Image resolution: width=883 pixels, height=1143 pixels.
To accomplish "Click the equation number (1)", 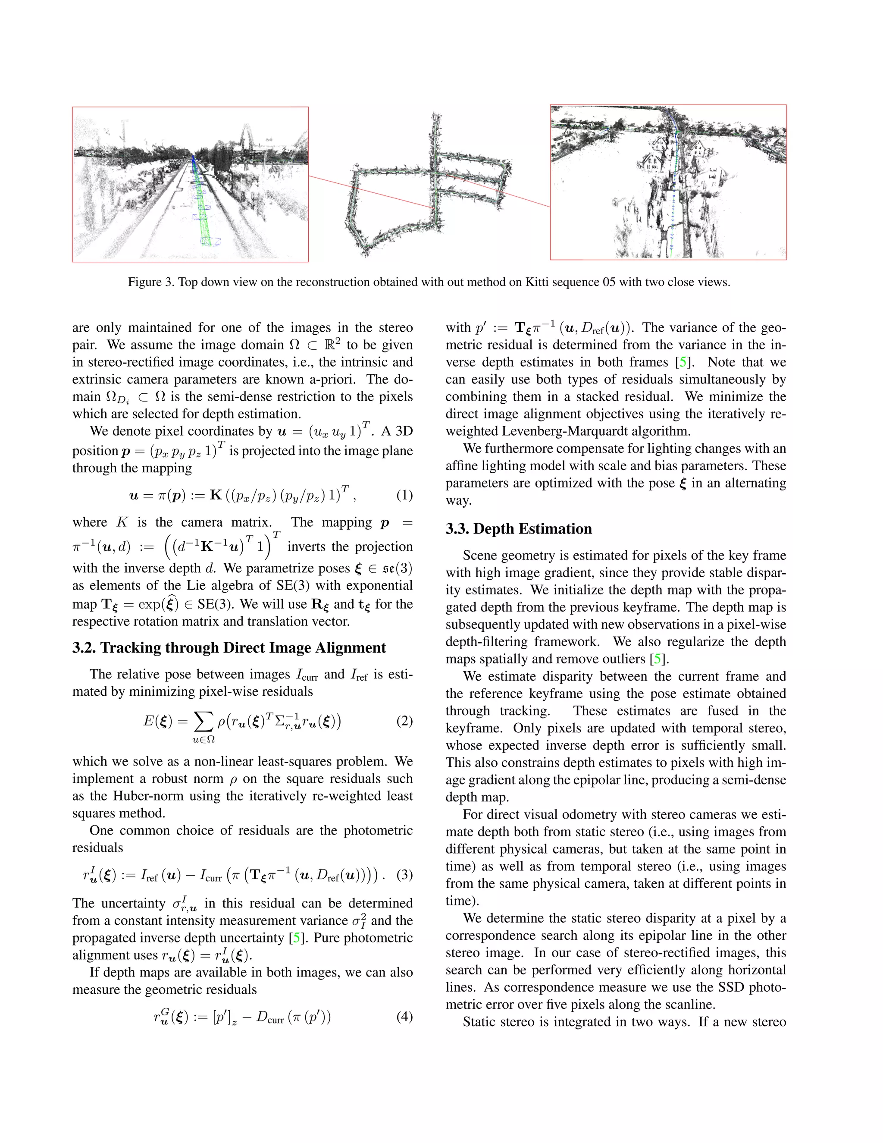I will (404, 495).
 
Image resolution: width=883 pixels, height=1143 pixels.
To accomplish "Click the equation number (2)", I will (404, 722).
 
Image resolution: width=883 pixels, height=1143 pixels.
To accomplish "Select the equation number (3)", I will (404, 876).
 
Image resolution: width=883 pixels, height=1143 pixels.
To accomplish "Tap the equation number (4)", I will (404, 1017).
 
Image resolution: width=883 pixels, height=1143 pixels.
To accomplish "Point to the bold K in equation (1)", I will (216, 495).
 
